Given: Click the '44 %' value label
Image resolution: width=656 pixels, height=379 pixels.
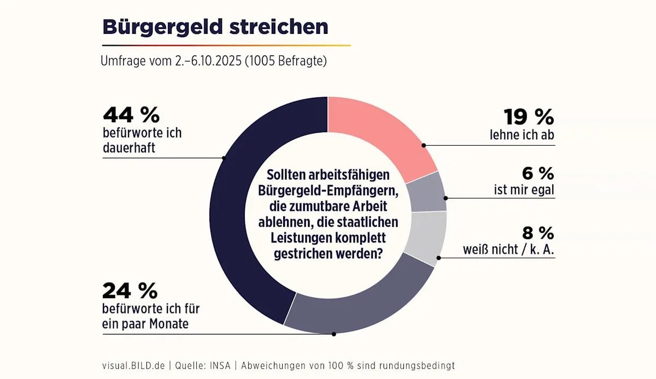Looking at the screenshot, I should [131, 115].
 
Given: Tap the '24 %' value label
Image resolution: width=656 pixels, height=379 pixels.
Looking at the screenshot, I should [130, 291].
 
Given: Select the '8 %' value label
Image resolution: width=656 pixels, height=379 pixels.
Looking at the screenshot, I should [538, 233].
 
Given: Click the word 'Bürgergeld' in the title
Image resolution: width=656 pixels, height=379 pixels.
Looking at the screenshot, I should [159, 27].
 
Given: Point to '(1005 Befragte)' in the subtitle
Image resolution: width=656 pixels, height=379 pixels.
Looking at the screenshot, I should [285, 61].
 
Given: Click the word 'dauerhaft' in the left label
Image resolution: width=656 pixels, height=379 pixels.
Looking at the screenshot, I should [129, 147].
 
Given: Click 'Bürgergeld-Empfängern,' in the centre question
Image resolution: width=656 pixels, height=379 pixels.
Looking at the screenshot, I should [328, 191].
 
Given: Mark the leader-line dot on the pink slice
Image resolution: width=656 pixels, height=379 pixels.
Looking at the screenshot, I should [424, 145].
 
